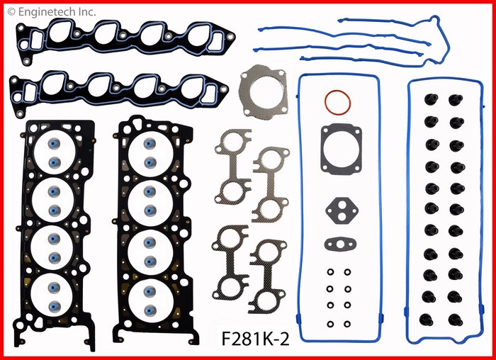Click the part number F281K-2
pyautogui.click(x=255, y=339)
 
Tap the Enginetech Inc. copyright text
pyautogui.click(x=51, y=12)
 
